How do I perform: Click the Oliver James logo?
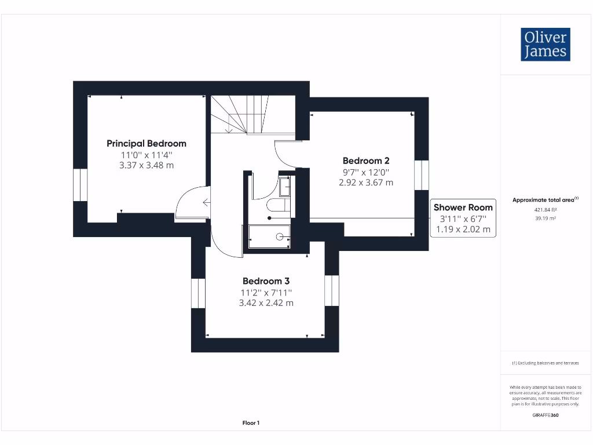click(x=545, y=45)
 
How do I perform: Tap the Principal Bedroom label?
click(x=147, y=143)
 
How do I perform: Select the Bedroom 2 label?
click(x=365, y=161)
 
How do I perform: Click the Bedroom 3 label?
click(x=266, y=280)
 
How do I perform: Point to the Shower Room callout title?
click(x=463, y=207)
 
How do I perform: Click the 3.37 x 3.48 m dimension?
click(x=147, y=165)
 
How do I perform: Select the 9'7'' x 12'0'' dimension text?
click(x=365, y=172)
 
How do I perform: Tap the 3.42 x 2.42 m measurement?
click(x=266, y=302)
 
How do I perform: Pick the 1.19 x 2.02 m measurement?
click(x=463, y=229)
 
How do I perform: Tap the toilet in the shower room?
click(x=276, y=205)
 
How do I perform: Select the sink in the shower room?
click(x=284, y=187)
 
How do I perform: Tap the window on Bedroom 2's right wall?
click(x=422, y=175)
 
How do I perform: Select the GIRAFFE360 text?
click(x=545, y=415)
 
